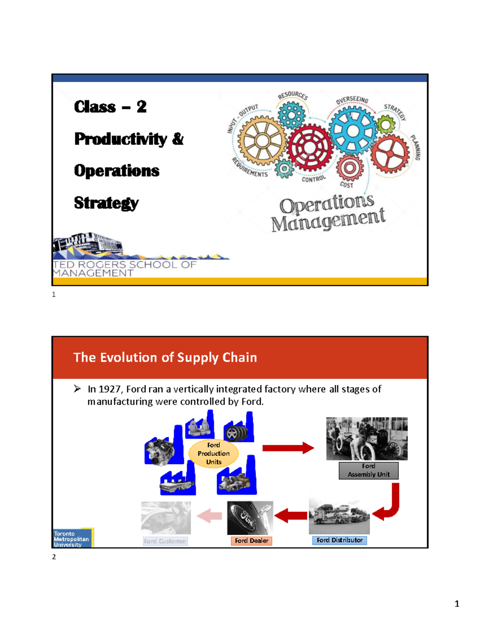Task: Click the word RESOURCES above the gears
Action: tap(293, 95)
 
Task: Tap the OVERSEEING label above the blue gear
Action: tap(352, 100)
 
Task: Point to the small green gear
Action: tap(386, 125)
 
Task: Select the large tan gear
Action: tap(262, 141)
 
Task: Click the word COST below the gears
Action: tap(346, 185)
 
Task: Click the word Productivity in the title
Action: tap(120, 139)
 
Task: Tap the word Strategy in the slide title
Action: tap(106, 203)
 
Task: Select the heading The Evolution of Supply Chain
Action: tap(165, 357)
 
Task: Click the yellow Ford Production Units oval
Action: tap(214, 453)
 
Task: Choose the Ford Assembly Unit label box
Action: tap(368, 470)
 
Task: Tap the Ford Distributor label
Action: tap(340, 540)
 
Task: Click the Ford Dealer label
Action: tap(251, 541)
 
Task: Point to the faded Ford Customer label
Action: tap(165, 541)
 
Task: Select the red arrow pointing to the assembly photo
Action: tap(288, 448)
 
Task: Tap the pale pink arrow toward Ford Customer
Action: tap(210, 515)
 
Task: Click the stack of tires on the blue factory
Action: tap(237, 433)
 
